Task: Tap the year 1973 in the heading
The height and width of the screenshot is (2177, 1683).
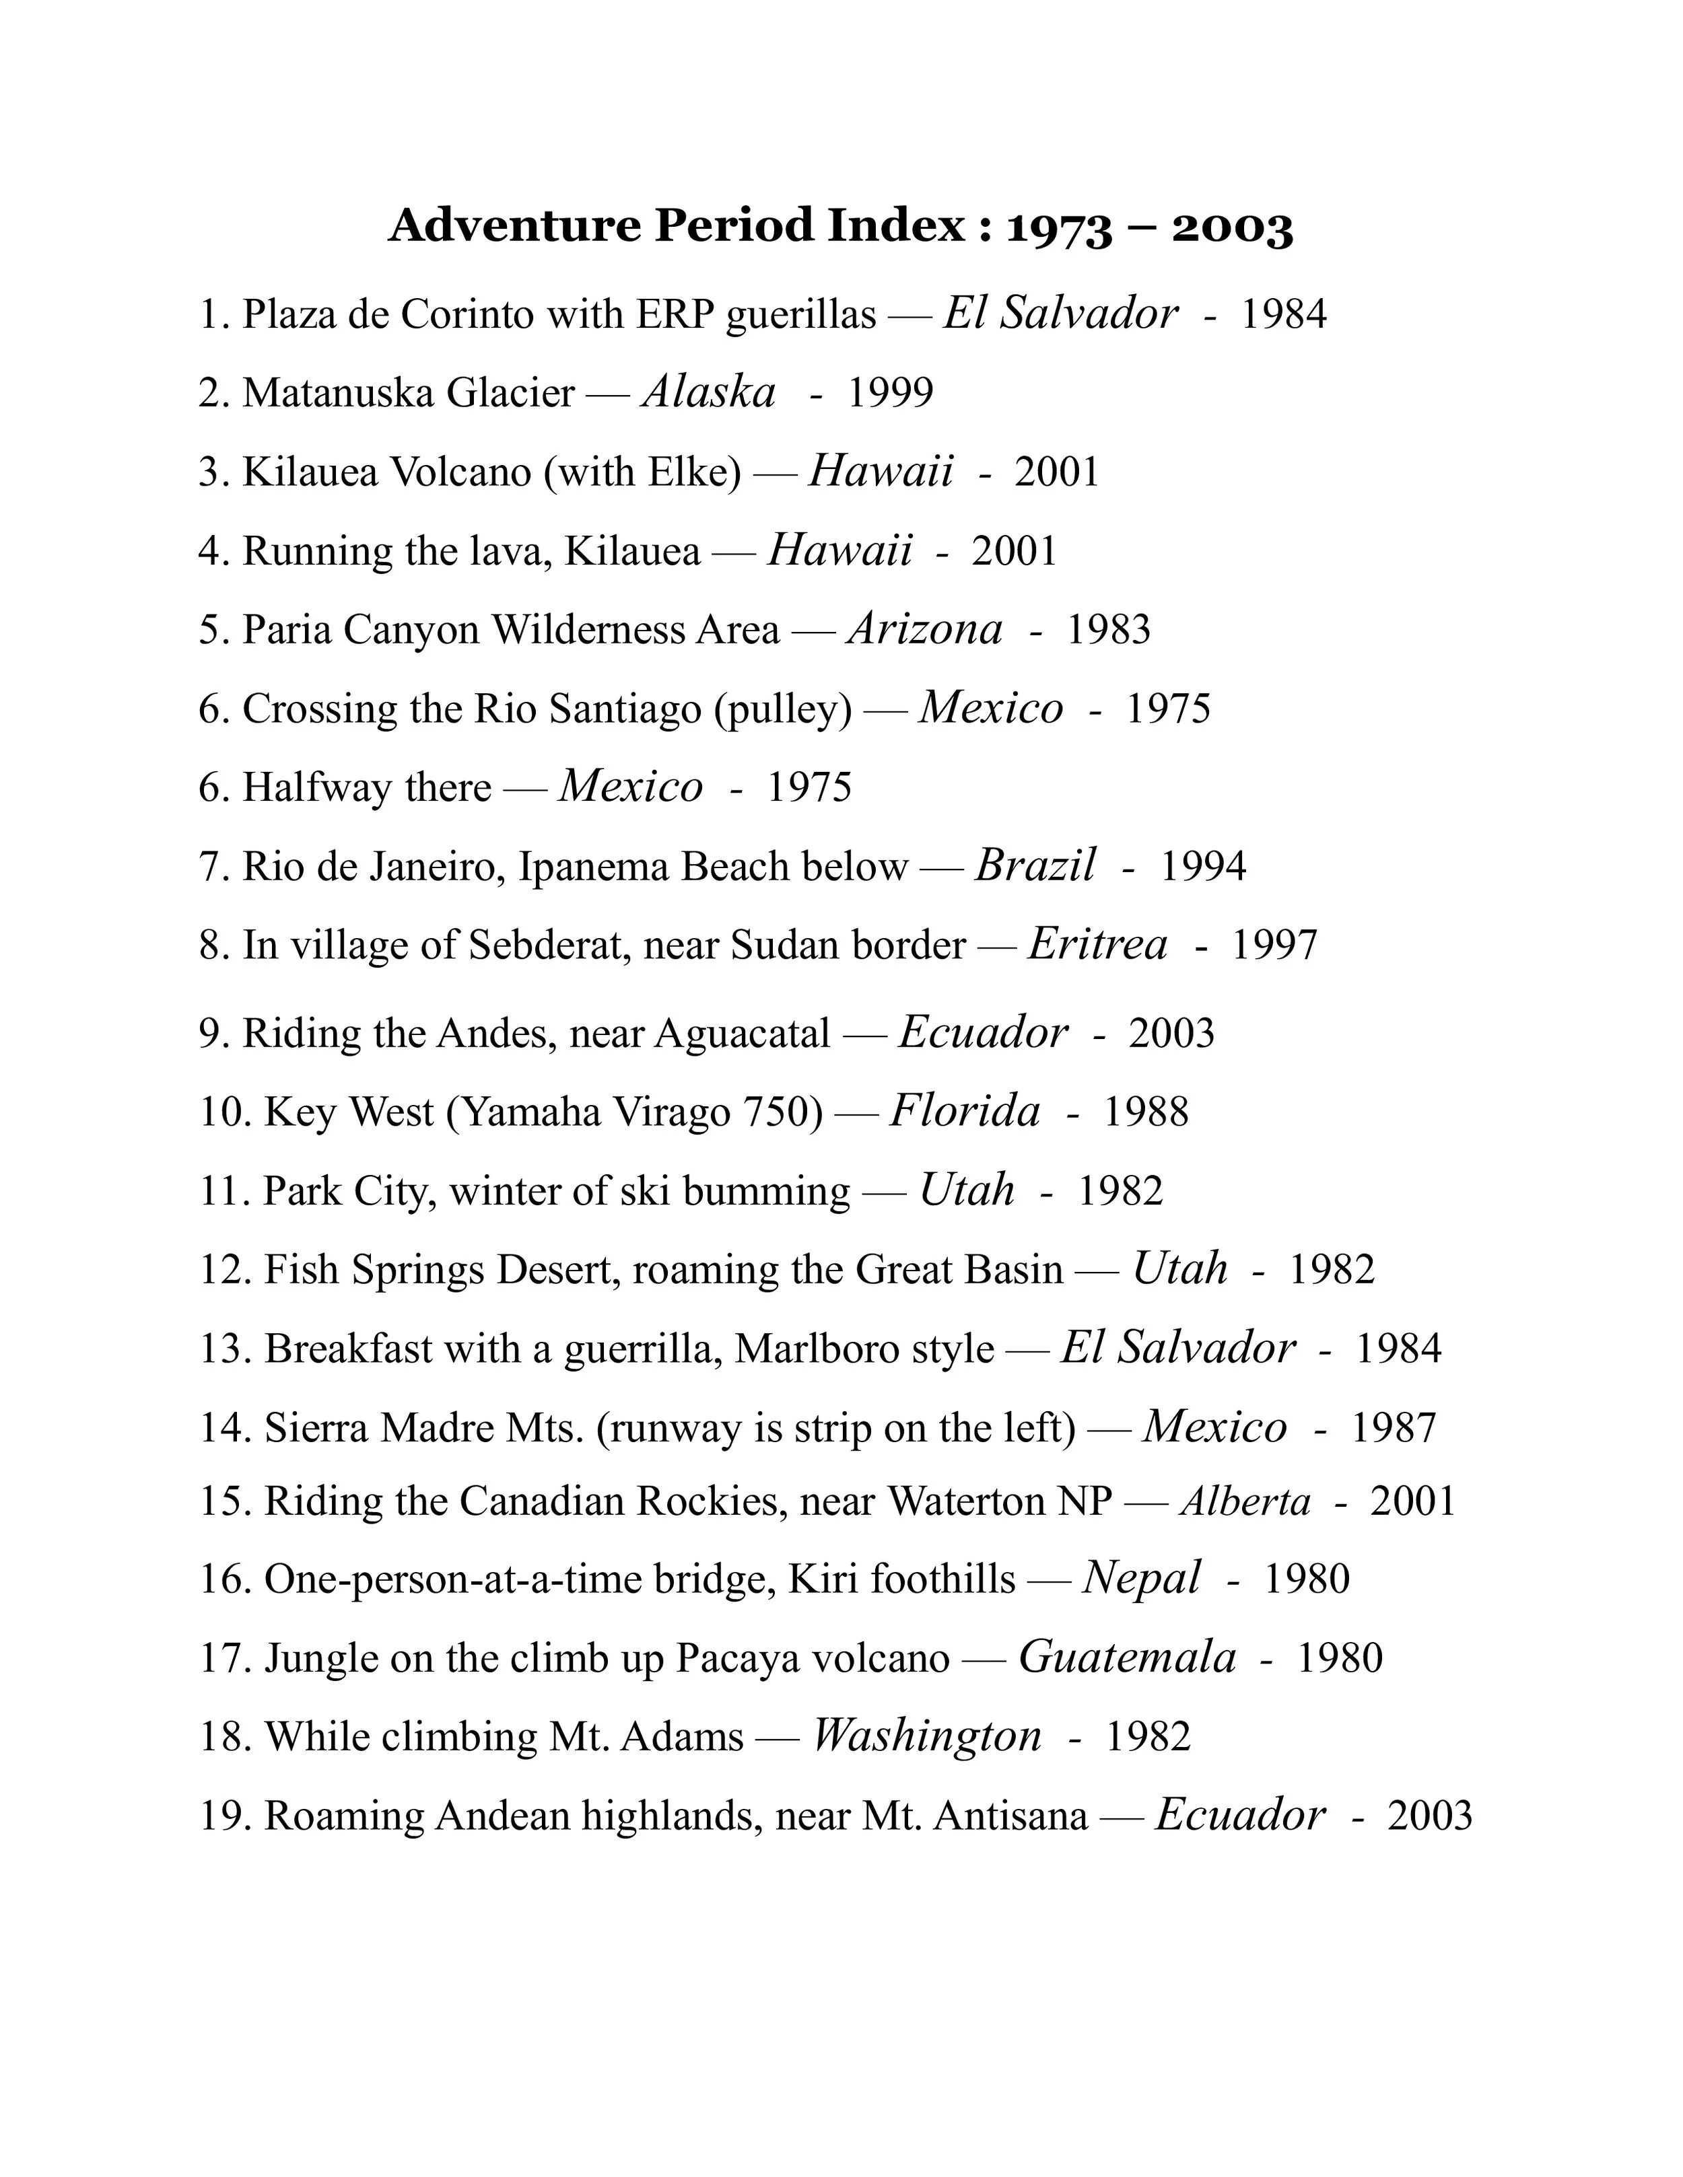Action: pos(1059,228)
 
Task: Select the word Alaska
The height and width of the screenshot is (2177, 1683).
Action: pos(709,392)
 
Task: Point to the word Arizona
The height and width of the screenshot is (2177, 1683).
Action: pos(924,629)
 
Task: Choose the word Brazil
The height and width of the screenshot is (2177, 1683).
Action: pos(1035,865)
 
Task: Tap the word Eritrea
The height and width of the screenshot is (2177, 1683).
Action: pos(1097,944)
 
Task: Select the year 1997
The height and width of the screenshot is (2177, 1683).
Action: pos(1274,945)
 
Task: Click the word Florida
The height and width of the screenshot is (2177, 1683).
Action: pos(964,1112)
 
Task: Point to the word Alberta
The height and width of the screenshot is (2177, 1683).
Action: pos(1245,1501)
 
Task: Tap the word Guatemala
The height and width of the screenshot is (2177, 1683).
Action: pos(1127,1657)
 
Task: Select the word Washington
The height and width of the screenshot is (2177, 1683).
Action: pos(926,1736)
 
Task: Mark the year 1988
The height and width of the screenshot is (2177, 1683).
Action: pos(1146,1112)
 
